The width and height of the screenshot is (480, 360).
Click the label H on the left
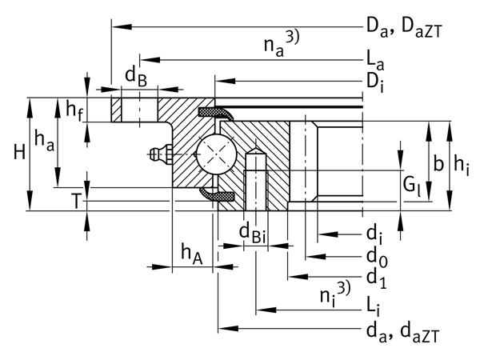point(13,151)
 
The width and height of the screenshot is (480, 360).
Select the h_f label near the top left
point(74,109)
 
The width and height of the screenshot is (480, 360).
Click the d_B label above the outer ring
point(134,77)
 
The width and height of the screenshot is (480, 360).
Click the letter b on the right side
point(437,164)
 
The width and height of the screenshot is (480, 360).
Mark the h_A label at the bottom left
point(190,254)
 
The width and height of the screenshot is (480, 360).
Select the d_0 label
point(377,256)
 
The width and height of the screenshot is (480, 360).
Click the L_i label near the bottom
point(373,306)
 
